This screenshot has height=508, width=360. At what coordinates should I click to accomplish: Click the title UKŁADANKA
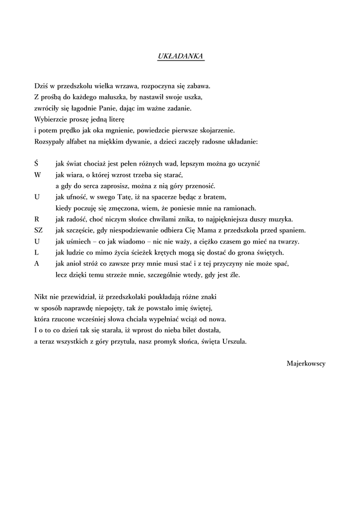click(180, 57)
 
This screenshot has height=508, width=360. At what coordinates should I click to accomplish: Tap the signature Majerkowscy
click(306, 363)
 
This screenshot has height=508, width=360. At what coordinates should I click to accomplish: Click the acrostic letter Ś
click(37, 163)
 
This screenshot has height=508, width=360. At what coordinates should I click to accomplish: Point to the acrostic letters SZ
click(39, 230)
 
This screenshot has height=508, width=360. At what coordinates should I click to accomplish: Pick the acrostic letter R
click(37, 219)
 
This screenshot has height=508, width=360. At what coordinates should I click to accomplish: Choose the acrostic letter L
click(37, 253)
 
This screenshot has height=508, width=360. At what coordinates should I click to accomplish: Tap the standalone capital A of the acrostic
click(37, 263)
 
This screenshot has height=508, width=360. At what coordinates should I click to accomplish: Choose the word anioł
click(75, 264)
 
